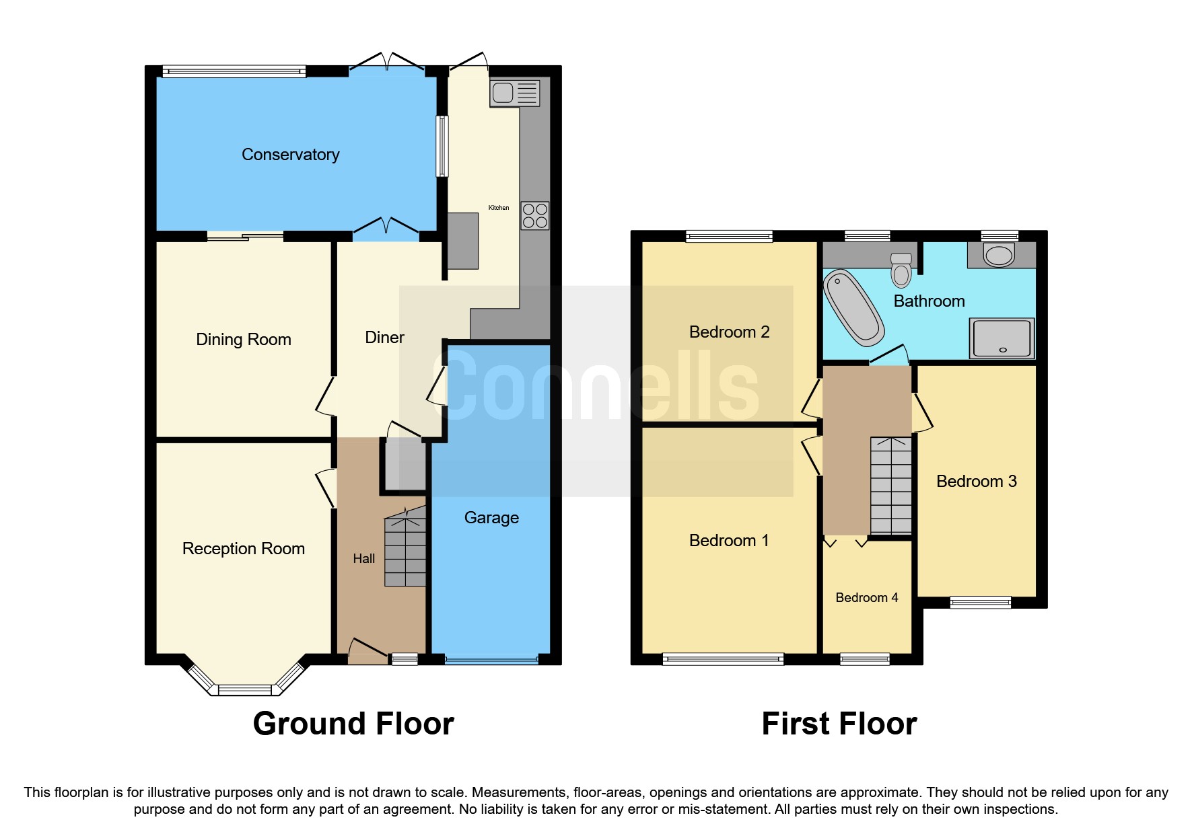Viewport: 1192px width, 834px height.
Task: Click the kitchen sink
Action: [x=515, y=93]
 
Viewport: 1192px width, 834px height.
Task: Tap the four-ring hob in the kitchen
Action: [x=534, y=216]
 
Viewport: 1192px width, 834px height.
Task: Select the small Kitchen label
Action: [x=499, y=208]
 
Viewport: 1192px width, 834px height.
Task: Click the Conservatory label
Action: [x=290, y=155]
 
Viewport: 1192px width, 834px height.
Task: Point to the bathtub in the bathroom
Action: [x=853, y=307]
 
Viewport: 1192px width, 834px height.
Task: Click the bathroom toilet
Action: [x=901, y=270]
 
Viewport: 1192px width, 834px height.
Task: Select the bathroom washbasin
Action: [x=999, y=255]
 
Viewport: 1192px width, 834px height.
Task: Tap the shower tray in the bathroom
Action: [x=1002, y=338]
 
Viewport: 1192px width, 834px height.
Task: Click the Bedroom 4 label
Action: [x=866, y=598]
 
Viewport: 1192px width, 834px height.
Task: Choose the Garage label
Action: [x=491, y=518]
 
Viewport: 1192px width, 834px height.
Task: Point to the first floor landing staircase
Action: [x=890, y=486]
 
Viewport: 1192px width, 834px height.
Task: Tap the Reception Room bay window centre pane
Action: [x=244, y=689]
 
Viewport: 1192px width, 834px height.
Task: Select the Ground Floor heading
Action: [x=353, y=724]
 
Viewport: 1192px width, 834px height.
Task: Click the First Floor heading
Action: [x=839, y=724]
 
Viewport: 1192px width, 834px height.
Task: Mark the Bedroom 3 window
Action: [x=980, y=602]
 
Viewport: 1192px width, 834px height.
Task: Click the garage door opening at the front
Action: [x=491, y=660]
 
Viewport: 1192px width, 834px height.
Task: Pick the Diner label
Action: [x=384, y=338]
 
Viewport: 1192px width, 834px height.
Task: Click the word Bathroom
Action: [x=929, y=301]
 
